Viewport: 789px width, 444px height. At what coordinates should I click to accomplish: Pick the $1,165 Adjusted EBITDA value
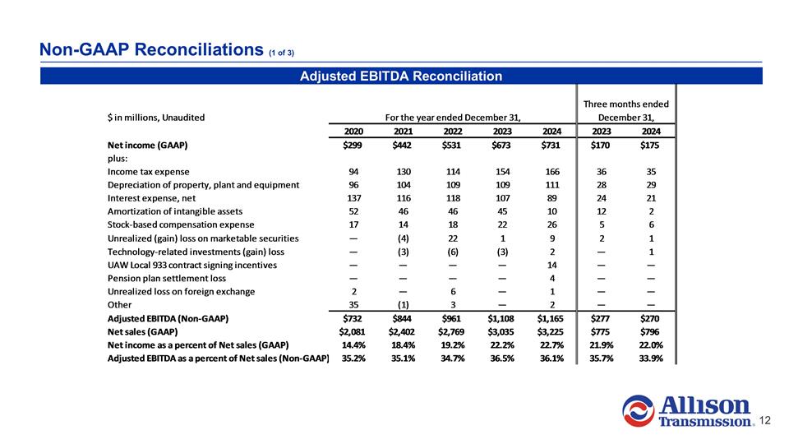pyautogui.click(x=547, y=317)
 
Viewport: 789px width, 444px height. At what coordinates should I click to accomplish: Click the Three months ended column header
pyautogui.click(x=626, y=104)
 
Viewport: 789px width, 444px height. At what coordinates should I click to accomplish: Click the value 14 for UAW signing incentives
pyautogui.click(x=552, y=265)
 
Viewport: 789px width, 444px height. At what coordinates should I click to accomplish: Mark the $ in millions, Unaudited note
pyautogui.click(x=156, y=117)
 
